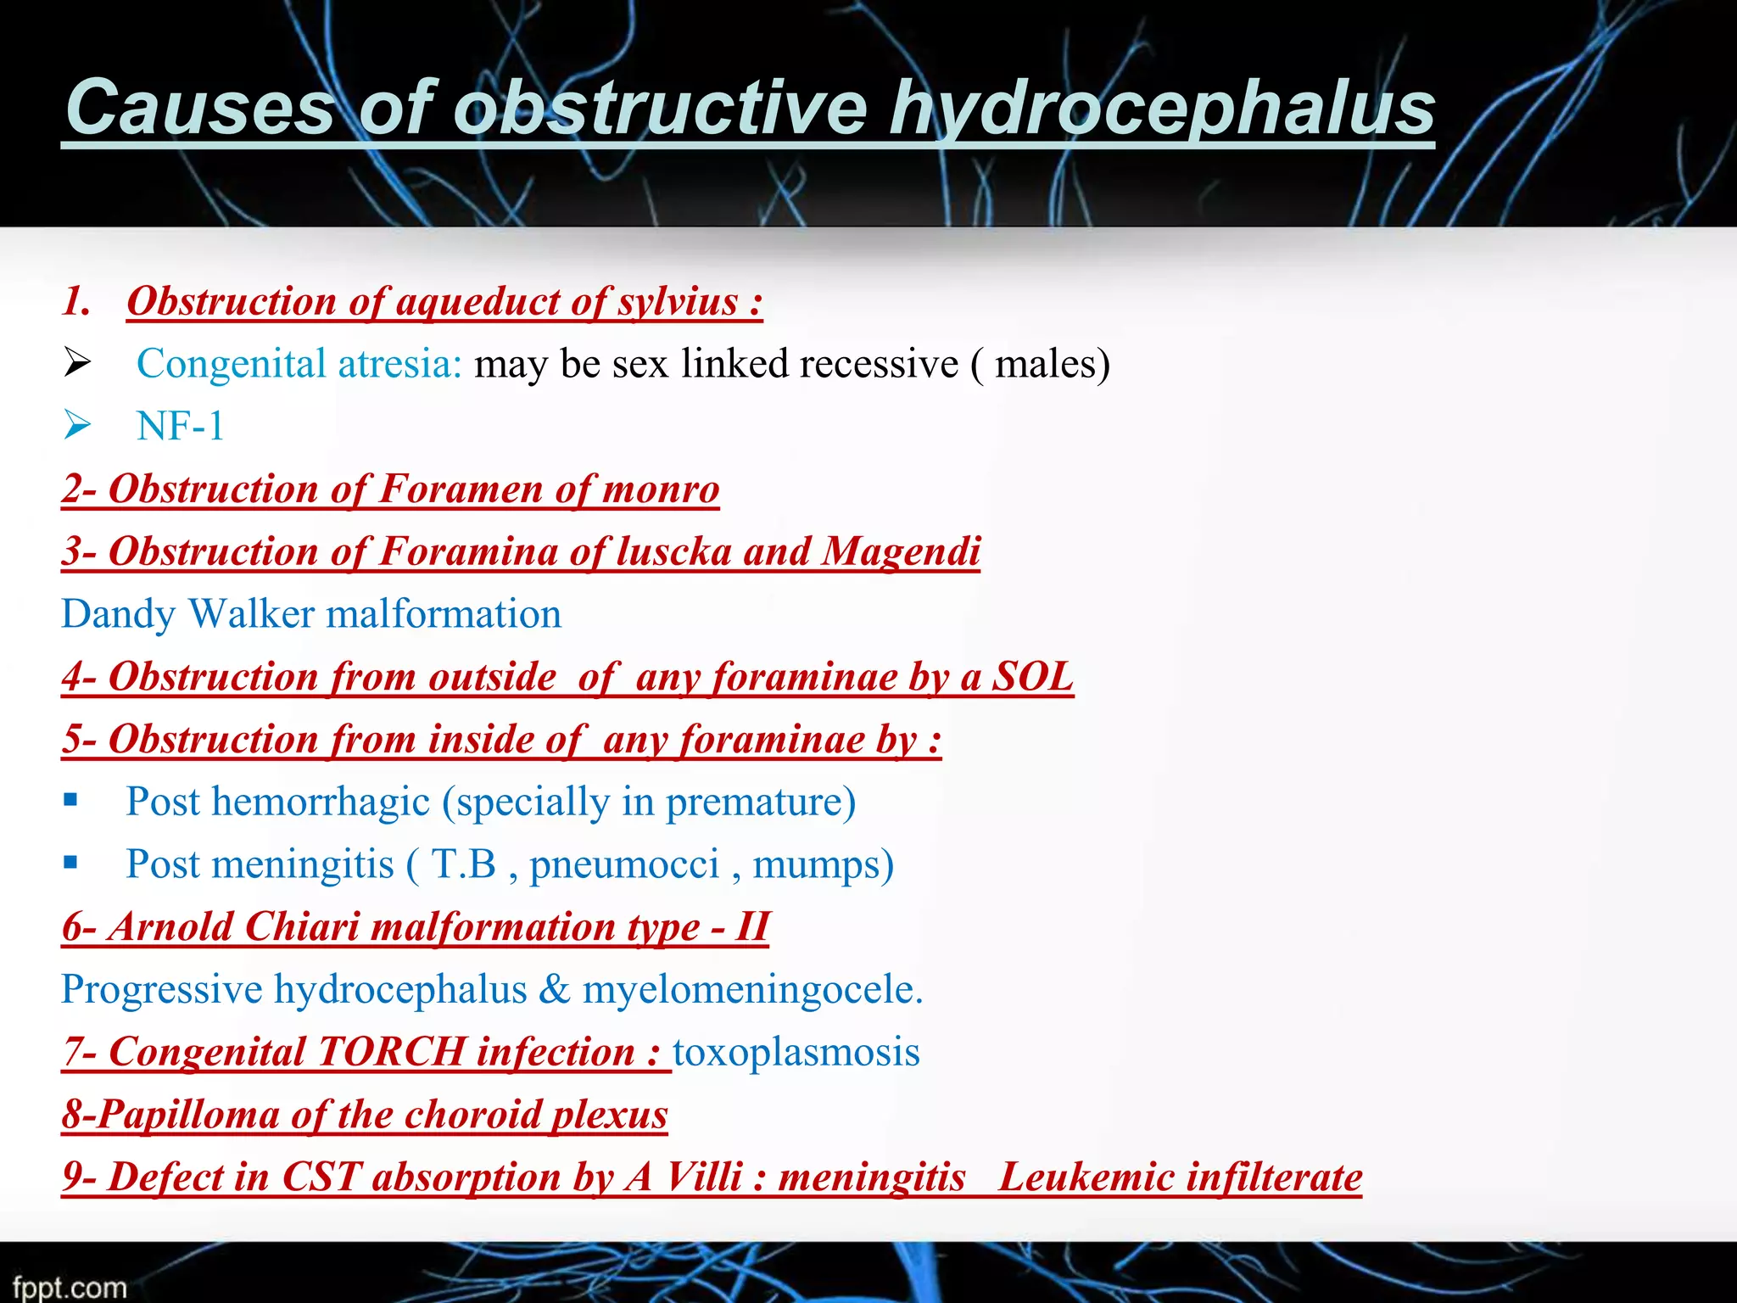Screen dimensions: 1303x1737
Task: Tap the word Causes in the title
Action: click(200, 109)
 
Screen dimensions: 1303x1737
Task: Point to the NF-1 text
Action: click(181, 426)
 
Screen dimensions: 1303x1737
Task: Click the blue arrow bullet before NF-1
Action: click(76, 424)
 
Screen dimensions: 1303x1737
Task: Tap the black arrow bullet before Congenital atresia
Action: click(76, 364)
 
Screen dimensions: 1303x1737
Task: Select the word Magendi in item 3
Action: click(902, 552)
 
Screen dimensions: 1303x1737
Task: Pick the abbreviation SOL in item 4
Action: click(1032, 677)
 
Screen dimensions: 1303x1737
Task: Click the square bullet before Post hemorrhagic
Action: click(70, 800)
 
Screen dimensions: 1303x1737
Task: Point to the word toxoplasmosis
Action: click(796, 1053)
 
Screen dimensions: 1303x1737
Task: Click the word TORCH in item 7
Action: click(391, 1053)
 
